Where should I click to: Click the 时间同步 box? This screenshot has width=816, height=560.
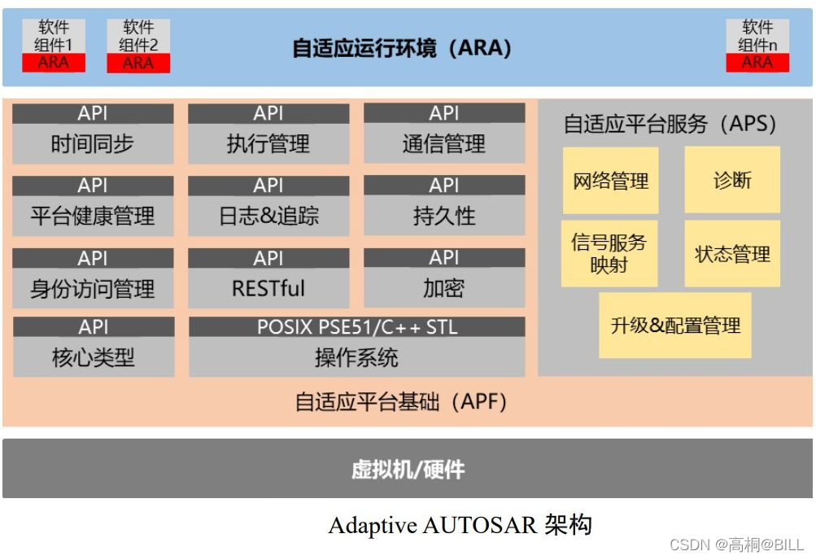pos(93,145)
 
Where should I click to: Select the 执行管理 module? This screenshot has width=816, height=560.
pos(268,145)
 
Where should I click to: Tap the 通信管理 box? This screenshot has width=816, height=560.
pos(444,145)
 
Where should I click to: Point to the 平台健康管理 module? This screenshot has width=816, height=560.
pos(93,217)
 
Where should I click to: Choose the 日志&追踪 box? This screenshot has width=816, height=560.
pos(268,217)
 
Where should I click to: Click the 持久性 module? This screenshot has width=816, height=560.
pos(444,217)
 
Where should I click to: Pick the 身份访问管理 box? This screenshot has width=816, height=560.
pos(93,289)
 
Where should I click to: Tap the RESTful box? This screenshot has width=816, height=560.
pos(268,289)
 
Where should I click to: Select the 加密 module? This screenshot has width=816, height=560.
pos(444,289)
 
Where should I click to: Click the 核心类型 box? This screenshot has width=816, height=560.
pos(94,357)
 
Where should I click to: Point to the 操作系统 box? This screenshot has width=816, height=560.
pos(356,357)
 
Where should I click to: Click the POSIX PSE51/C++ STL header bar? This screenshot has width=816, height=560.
pos(356,327)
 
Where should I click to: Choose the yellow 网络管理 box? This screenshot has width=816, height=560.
pos(610,181)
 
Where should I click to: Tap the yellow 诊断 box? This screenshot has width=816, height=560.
pos(732,180)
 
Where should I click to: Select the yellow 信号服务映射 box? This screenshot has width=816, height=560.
pos(609,253)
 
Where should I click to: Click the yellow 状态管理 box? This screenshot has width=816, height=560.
pos(732,254)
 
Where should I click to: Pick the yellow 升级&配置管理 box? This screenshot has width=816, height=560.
pos(675,326)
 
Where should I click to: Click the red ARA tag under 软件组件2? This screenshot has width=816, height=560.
pos(138,63)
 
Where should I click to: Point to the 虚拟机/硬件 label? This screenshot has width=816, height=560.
pos(408,470)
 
